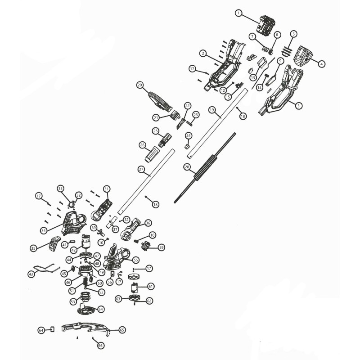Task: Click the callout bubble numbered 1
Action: [238, 13]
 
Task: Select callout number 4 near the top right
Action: [321, 64]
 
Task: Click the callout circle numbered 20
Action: [139, 85]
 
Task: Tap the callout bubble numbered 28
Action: [187, 166]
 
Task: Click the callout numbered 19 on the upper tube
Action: [212, 110]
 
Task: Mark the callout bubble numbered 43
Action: [31, 274]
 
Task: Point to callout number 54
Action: [101, 309]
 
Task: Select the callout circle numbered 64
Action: [41, 330]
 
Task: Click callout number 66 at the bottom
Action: [100, 345]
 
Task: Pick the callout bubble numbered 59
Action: [162, 247]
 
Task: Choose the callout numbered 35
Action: [33, 248]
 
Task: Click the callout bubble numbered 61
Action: [151, 286]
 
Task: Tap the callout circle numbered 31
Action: [107, 189]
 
